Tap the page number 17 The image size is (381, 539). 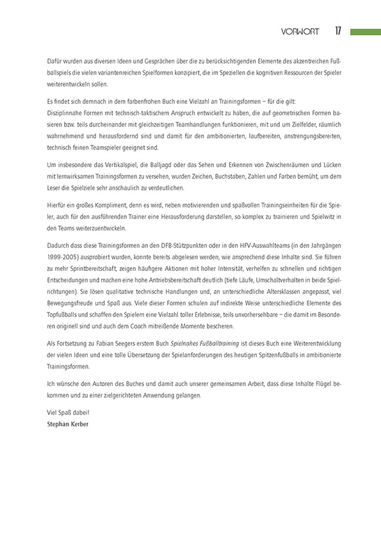pyautogui.click(x=338, y=31)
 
